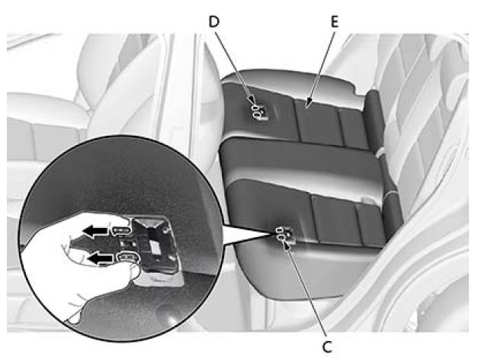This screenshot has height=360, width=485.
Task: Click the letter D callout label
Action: [214, 21]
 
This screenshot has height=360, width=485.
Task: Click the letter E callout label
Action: [334, 21]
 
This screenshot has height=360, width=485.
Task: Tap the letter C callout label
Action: [327, 347]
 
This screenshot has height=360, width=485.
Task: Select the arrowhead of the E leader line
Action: [307, 103]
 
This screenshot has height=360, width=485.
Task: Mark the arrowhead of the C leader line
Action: [287, 244]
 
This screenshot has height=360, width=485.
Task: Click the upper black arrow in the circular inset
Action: [95, 230]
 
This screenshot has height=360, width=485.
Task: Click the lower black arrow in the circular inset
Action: [100, 259]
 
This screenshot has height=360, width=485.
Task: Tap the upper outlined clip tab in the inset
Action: [122, 230]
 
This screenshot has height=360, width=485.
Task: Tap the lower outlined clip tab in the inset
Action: [128, 257]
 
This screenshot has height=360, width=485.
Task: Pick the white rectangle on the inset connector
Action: [154, 246]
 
